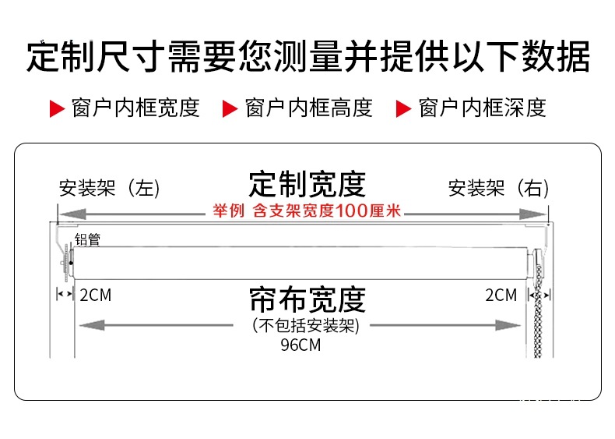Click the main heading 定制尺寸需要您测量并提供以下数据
point(307,55)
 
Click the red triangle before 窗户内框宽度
point(57,109)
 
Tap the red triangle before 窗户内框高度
point(230,109)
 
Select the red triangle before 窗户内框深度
point(403,109)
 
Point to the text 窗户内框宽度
point(135,108)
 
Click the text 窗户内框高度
point(308,108)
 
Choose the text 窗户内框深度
point(482,108)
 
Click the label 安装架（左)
point(109,189)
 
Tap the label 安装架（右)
point(498,189)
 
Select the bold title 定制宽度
point(307,184)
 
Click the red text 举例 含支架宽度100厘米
point(307,211)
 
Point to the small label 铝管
point(87,239)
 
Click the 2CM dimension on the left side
point(95,296)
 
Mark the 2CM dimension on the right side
point(501,296)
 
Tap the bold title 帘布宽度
point(307,299)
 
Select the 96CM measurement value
point(300,345)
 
